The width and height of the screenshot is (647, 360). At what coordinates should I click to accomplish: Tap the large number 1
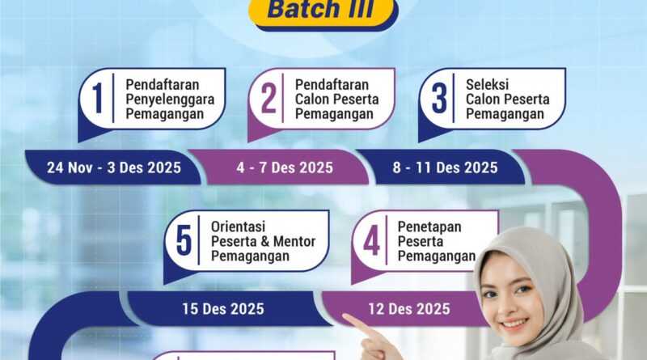[99, 99]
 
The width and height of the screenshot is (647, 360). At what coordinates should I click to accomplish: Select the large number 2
[269, 99]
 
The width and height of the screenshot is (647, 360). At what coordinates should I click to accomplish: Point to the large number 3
[439, 99]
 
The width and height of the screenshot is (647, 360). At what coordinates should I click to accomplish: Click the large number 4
[371, 241]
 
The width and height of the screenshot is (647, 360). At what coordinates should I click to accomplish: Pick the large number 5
[184, 241]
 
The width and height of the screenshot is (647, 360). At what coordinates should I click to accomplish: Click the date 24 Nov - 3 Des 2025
[113, 168]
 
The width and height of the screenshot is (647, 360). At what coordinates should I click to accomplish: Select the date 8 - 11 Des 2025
[446, 168]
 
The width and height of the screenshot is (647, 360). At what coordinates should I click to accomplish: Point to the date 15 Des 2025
[222, 308]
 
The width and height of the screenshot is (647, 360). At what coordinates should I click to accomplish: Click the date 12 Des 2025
[409, 308]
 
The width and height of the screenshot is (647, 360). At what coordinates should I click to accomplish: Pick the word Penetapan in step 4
[429, 227]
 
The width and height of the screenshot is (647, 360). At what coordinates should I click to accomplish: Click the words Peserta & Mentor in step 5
[264, 241]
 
